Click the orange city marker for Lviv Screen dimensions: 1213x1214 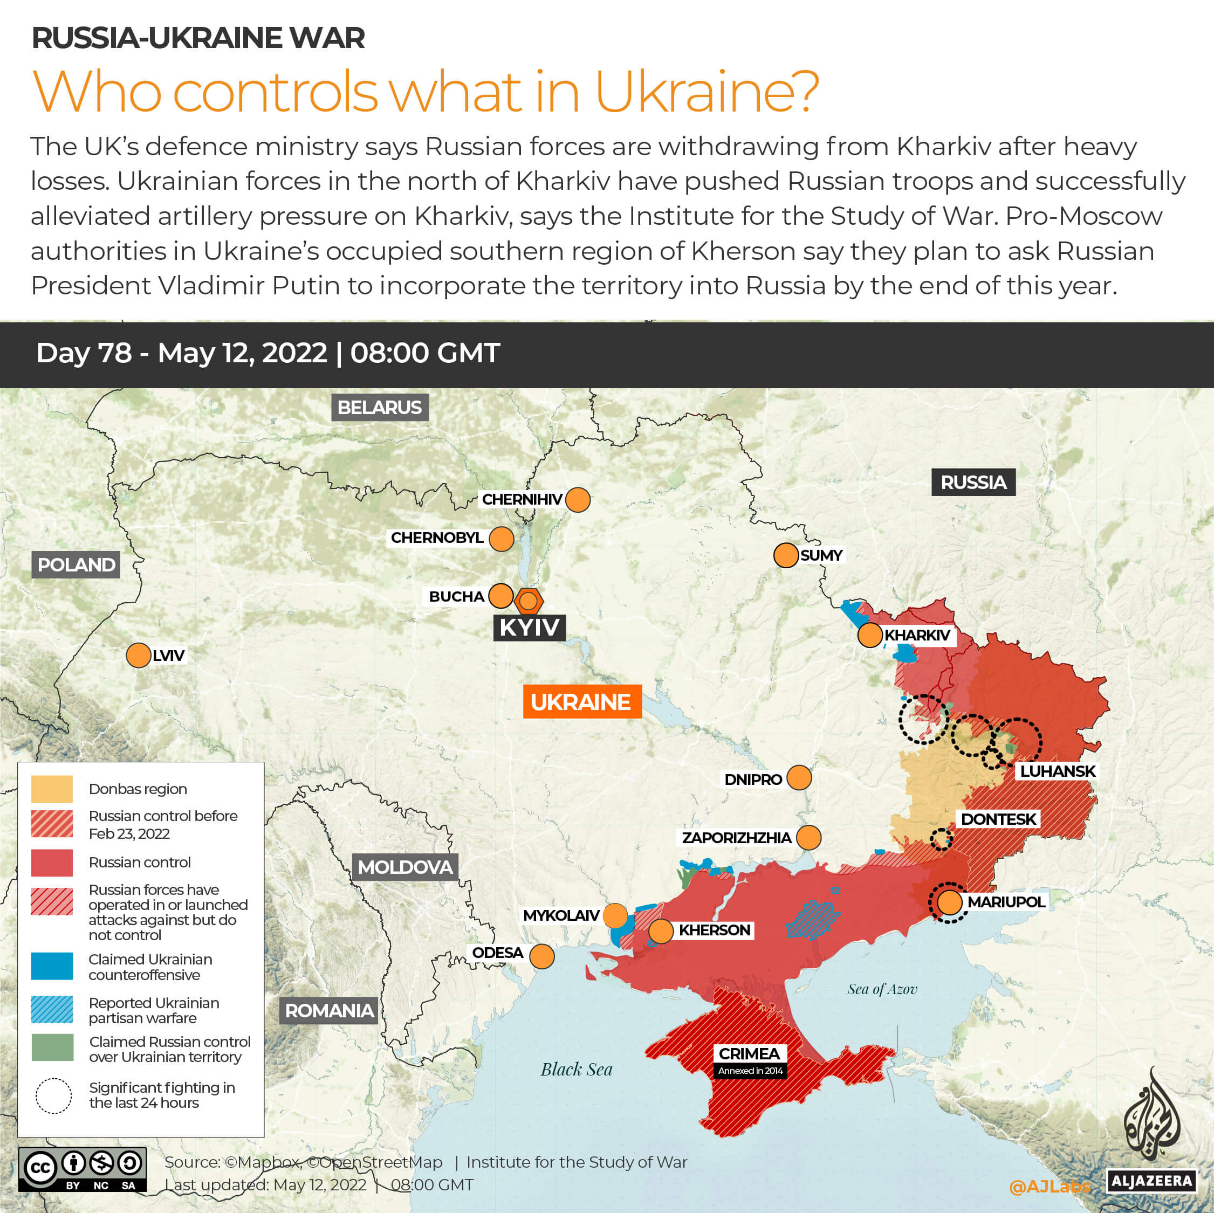[x=138, y=655]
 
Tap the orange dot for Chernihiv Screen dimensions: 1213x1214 [x=578, y=500]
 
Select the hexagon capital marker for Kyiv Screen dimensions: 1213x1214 [x=529, y=601]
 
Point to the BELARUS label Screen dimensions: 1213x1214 [x=380, y=407]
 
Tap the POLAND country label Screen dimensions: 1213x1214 [x=76, y=565]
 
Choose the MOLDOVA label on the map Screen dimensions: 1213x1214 [x=404, y=867]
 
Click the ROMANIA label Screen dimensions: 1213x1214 [x=328, y=1011]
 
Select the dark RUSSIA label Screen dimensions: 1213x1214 [x=973, y=483]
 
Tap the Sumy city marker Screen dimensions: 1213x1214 [x=785, y=555]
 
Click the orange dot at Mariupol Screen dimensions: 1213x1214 [x=949, y=902]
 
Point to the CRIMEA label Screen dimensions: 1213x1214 [x=749, y=1053]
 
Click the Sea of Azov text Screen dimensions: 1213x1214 [x=882, y=989]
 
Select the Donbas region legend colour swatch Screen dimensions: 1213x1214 [x=52, y=789]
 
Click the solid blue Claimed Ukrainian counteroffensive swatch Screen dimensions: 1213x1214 [x=52, y=967]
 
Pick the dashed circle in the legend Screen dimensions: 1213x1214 [x=53, y=1095]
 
